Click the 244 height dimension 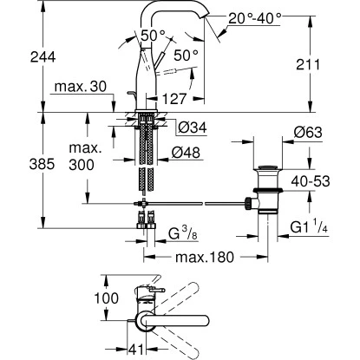(x=43, y=57)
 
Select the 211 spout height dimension (x=308, y=64)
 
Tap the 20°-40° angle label (x=255, y=19)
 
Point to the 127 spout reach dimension (x=173, y=99)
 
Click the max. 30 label (x=81, y=87)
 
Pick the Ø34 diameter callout (x=193, y=128)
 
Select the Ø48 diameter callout (x=186, y=153)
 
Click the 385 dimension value (x=42, y=164)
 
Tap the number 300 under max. (x=82, y=165)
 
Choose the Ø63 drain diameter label (x=308, y=133)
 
